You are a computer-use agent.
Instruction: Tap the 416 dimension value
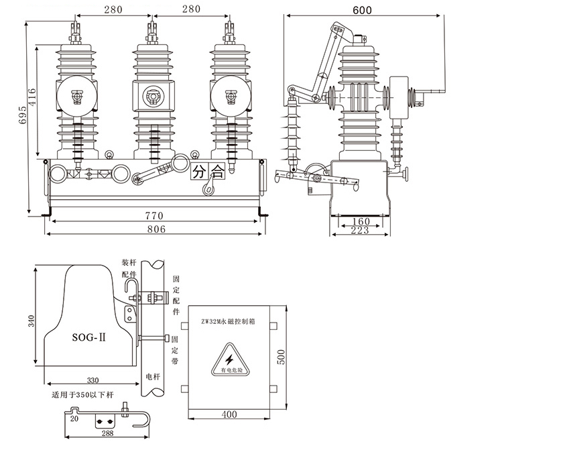coord(32,100)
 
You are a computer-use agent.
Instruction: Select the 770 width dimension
coord(153,216)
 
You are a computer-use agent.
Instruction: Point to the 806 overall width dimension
coord(153,229)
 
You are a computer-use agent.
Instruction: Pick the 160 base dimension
coord(361,221)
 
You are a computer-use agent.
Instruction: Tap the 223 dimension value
coord(361,231)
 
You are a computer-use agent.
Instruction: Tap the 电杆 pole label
coord(152,378)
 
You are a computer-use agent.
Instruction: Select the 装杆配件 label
coord(129,268)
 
